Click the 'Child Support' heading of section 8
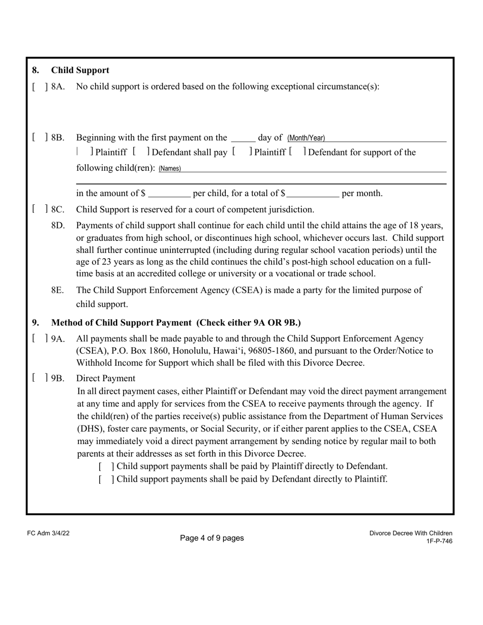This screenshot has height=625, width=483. (80, 70)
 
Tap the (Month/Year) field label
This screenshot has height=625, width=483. (306, 138)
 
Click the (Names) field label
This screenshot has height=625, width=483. (170, 169)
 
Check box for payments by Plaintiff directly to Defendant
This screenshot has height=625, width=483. (106, 466)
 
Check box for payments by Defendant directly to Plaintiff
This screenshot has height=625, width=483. (106, 479)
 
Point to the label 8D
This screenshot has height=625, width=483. (58, 225)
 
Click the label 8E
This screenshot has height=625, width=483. (58, 290)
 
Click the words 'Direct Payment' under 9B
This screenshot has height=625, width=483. (106, 378)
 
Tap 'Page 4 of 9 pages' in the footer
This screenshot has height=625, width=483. (212, 538)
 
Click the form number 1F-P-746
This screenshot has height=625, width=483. (439, 541)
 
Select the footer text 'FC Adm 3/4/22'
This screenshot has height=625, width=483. (48, 533)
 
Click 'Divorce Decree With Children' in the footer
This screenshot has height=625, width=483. (411, 533)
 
